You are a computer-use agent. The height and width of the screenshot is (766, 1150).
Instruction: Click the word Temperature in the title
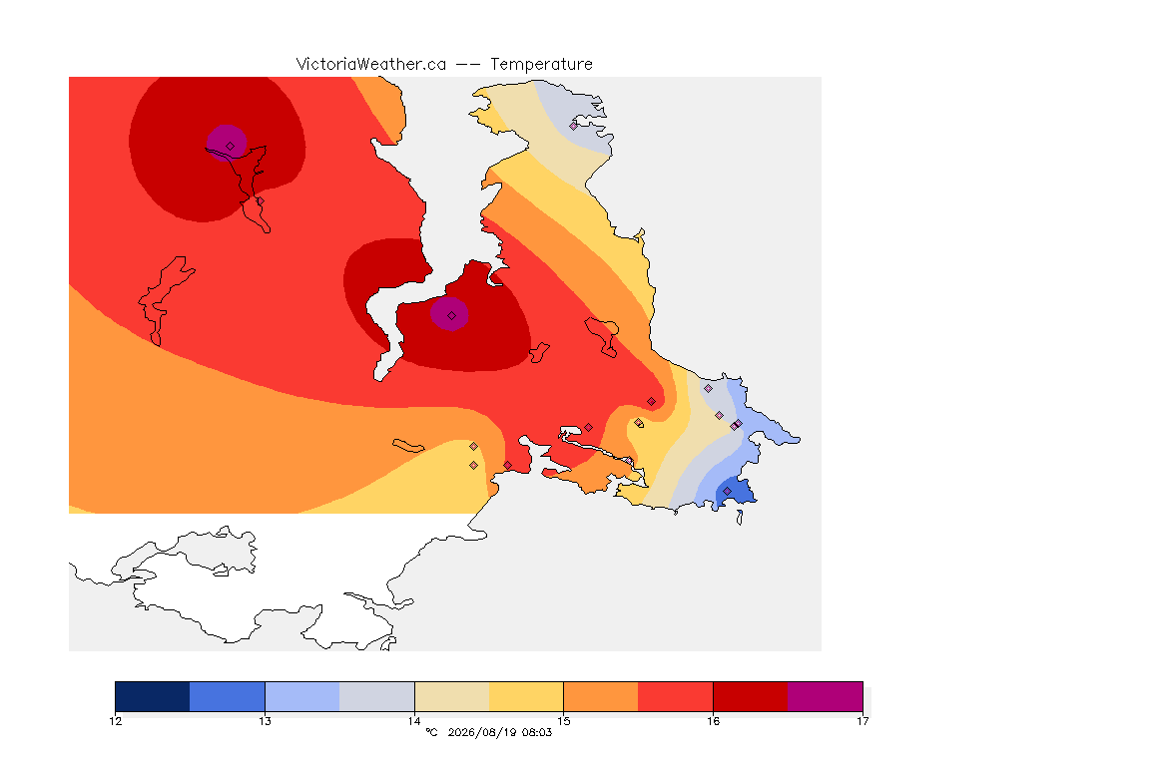click(x=541, y=65)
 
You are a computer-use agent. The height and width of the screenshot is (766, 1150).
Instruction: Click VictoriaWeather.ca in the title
click(x=371, y=65)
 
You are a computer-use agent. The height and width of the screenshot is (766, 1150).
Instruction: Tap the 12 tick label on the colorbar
click(x=115, y=721)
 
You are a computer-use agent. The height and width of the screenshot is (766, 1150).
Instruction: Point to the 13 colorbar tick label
click(x=265, y=721)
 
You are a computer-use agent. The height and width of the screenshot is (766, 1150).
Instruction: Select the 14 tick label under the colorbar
click(x=414, y=721)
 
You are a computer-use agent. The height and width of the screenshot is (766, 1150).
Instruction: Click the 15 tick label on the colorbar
click(x=563, y=721)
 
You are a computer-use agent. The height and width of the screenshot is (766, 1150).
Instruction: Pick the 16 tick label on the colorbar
click(x=713, y=721)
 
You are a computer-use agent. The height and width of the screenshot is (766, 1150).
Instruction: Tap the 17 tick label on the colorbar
click(x=862, y=721)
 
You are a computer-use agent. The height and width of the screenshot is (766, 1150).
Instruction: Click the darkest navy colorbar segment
click(x=153, y=696)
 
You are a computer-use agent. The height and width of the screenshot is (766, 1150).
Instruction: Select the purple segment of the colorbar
click(x=826, y=696)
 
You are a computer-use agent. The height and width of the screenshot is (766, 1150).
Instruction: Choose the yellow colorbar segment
click(x=526, y=696)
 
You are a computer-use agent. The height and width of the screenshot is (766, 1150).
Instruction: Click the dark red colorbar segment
click(x=751, y=696)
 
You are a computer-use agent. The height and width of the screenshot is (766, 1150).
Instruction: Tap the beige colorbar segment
click(x=452, y=696)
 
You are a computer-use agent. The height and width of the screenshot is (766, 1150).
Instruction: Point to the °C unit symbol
click(x=431, y=732)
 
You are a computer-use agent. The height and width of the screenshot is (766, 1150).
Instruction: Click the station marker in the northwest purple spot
click(x=231, y=147)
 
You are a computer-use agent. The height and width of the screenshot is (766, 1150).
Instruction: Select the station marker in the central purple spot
click(x=452, y=316)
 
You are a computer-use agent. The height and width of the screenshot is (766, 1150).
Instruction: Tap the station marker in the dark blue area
click(x=727, y=491)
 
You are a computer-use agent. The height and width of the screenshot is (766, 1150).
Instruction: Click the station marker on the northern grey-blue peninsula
click(x=574, y=126)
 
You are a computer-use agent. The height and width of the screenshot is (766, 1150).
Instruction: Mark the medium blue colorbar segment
click(x=228, y=696)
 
